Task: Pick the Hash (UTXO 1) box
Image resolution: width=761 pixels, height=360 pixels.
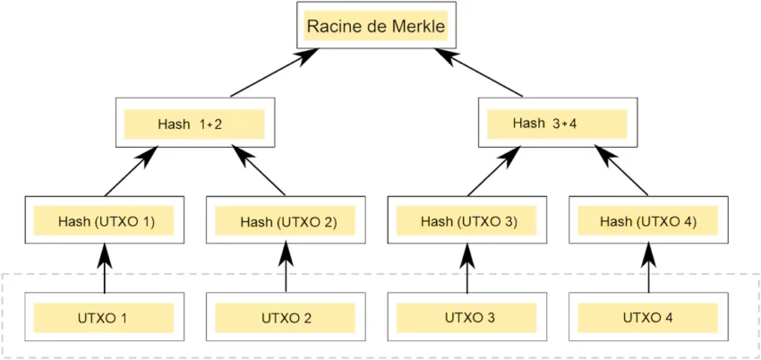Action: [106, 220]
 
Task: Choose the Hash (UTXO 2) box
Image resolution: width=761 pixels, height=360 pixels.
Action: [286, 220]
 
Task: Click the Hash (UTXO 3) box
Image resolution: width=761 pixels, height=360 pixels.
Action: [466, 220]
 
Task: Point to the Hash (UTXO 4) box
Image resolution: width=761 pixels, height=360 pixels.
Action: [647, 220]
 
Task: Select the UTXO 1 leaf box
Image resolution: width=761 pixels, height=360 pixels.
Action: [104, 317]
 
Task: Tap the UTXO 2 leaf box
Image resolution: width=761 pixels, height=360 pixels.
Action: [286, 317]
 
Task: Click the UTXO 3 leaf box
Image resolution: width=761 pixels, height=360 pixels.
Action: [466, 317]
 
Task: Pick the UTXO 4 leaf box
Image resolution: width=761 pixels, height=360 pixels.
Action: [647, 317]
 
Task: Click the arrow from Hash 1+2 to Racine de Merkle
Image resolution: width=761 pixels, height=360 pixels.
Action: [273, 73]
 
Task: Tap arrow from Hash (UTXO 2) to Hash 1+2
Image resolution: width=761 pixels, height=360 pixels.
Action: [261, 172]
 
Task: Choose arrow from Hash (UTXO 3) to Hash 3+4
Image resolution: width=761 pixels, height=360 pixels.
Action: [491, 172]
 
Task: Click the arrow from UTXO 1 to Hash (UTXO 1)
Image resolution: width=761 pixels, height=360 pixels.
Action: [105, 269]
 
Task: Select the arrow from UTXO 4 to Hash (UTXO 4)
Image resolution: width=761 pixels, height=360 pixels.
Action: [647, 269]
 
